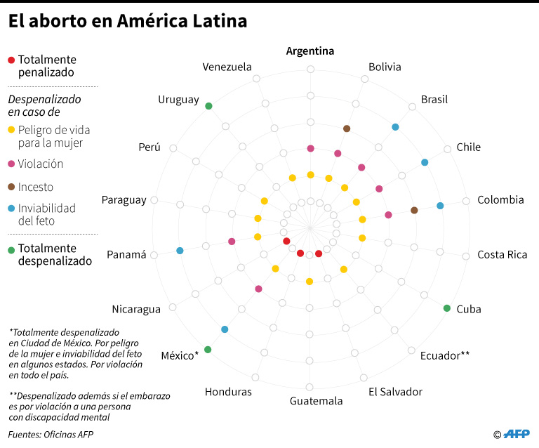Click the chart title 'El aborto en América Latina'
tap(127, 22)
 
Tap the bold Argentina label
tap(310, 51)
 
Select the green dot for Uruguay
tap(208, 105)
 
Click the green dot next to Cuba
tap(447, 308)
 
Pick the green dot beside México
tap(208, 349)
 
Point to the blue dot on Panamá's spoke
tap(180, 251)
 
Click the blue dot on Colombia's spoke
tap(440, 206)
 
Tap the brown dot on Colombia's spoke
tap(414, 210)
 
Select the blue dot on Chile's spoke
tap(425, 162)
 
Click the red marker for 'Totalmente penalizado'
tap(11, 60)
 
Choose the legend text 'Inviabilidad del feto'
tap(46, 215)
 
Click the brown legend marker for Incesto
tap(11, 187)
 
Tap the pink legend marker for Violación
tap(11, 164)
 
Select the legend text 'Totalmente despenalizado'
tap(55, 255)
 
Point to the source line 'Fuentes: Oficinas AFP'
tap(51, 435)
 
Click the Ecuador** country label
tap(445, 355)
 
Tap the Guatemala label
tap(317, 401)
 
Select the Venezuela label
tap(227, 67)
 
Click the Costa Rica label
tap(502, 255)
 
